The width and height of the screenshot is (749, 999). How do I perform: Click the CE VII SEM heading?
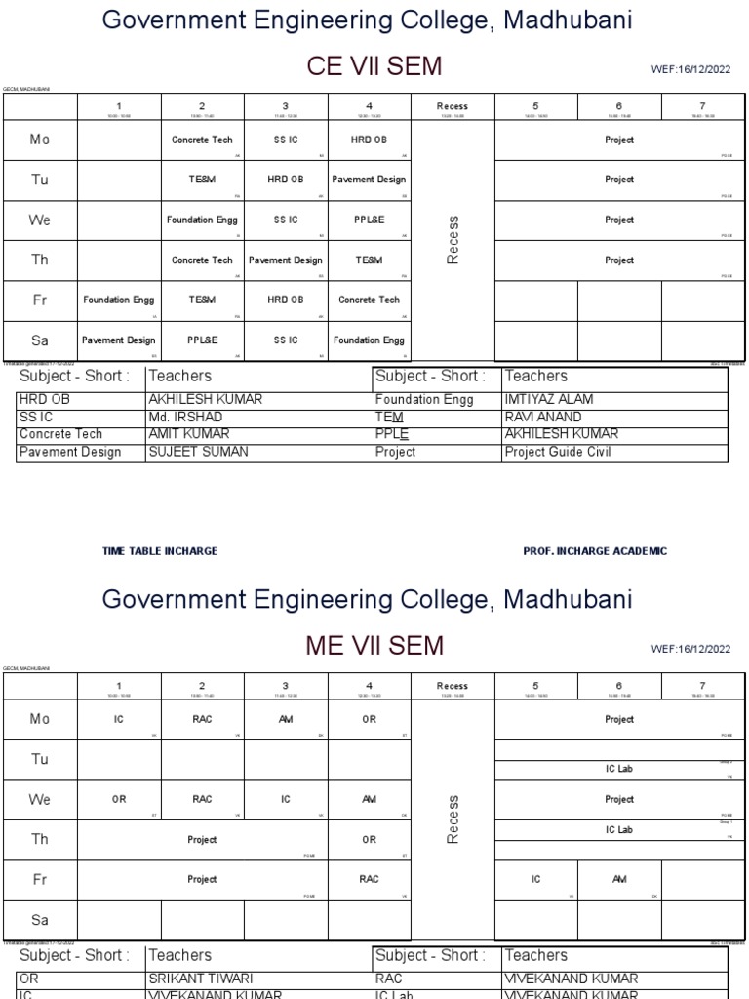(374, 66)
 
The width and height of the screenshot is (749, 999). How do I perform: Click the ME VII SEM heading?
(374, 646)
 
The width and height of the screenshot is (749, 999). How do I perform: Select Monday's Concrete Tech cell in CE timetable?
(202, 140)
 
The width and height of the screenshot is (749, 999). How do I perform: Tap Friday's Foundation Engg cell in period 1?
(118, 300)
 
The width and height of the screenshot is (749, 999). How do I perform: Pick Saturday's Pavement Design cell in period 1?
(118, 340)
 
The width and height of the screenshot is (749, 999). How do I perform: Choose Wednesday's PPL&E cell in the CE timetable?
(369, 220)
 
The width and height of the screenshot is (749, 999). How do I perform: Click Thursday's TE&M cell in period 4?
(369, 260)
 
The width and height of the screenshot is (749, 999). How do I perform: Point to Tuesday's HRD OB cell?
(285, 180)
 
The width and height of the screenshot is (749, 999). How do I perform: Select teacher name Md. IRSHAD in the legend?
(185, 418)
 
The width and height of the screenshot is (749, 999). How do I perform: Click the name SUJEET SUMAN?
(198, 452)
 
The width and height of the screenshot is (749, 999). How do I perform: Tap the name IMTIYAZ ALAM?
(548, 400)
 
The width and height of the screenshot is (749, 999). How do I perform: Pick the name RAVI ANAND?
(542, 418)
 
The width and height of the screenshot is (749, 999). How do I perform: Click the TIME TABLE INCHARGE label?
(160, 551)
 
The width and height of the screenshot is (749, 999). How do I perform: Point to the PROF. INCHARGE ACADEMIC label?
(595, 551)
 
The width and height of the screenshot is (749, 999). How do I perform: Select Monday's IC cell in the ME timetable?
(118, 720)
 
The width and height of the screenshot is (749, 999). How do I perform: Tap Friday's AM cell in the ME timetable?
(619, 879)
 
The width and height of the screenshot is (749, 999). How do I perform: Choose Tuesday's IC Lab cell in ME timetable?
(619, 770)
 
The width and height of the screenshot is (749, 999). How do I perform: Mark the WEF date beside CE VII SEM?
(690, 70)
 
